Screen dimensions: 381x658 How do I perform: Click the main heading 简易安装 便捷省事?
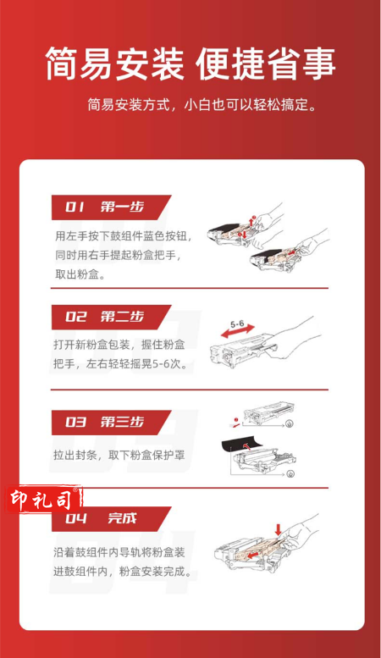click(x=190, y=64)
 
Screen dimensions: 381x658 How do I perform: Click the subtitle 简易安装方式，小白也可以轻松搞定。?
click(x=202, y=105)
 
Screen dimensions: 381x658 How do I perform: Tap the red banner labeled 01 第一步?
click(x=111, y=207)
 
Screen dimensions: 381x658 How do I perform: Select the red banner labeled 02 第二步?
click(x=111, y=317)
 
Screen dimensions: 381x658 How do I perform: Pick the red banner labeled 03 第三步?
click(x=111, y=423)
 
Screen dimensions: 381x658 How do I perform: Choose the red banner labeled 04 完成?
click(x=111, y=519)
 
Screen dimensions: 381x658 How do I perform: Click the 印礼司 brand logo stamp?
click(x=43, y=500)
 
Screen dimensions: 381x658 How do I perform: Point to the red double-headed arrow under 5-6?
click(x=238, y=332)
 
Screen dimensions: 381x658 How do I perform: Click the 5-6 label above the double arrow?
click(x=237, y=324)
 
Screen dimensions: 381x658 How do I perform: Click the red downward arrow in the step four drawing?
click(x=278, y=529)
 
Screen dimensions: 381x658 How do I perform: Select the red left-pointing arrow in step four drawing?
click(x=252, y=556)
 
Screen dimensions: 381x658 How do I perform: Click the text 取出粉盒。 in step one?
click(x=80, y=274)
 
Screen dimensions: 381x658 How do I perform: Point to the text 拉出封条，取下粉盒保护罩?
click(x=119, y=455)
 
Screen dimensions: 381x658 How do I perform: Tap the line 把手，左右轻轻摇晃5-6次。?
click(x=120, y=363)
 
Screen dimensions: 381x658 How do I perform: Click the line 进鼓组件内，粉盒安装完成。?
click(x=122, y=571)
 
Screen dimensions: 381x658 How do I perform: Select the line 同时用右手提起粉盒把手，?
click(x=119, y=255)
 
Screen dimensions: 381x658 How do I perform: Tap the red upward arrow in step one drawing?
click(x=252, y=221)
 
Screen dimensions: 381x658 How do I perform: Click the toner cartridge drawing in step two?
click(x=244, y=351)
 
